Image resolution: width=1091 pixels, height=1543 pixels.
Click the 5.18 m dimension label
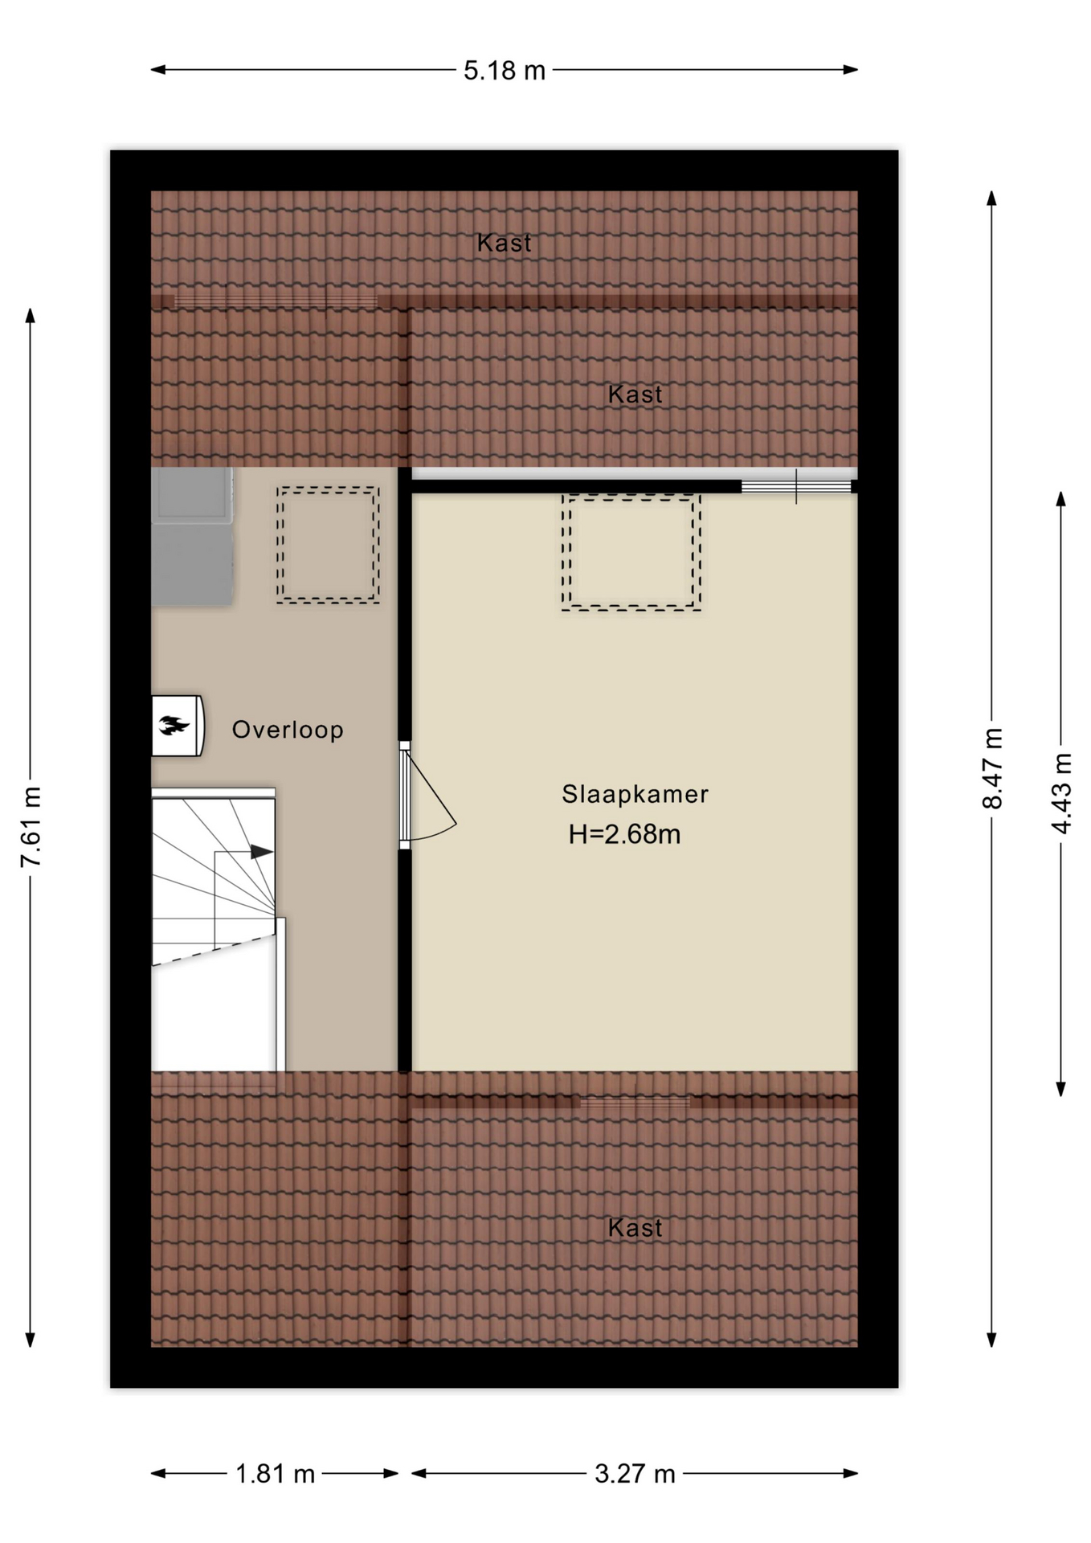point(505,71)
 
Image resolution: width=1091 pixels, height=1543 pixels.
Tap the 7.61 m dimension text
point(31,827)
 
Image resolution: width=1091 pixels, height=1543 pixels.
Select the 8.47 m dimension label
point(993,768)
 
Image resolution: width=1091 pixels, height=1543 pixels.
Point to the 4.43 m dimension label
point(1061,793)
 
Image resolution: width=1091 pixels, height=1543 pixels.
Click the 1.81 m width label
point(275,1474)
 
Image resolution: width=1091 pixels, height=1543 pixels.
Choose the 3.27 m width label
point(635,1474)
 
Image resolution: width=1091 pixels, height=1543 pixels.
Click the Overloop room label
point(288,730)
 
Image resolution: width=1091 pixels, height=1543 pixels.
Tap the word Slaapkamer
point(635,795)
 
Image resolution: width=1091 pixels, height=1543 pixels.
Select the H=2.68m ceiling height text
point(624,834)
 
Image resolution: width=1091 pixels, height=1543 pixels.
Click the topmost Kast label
point(504,243)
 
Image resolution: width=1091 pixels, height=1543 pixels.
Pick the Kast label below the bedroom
point(635,1228)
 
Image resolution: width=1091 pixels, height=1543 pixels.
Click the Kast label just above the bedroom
point(635,395)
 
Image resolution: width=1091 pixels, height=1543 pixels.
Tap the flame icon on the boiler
point(174,726)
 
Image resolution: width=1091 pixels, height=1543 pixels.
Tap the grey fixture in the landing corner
point(192,537)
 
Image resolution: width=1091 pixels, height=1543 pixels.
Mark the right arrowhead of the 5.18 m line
point(851,70)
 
